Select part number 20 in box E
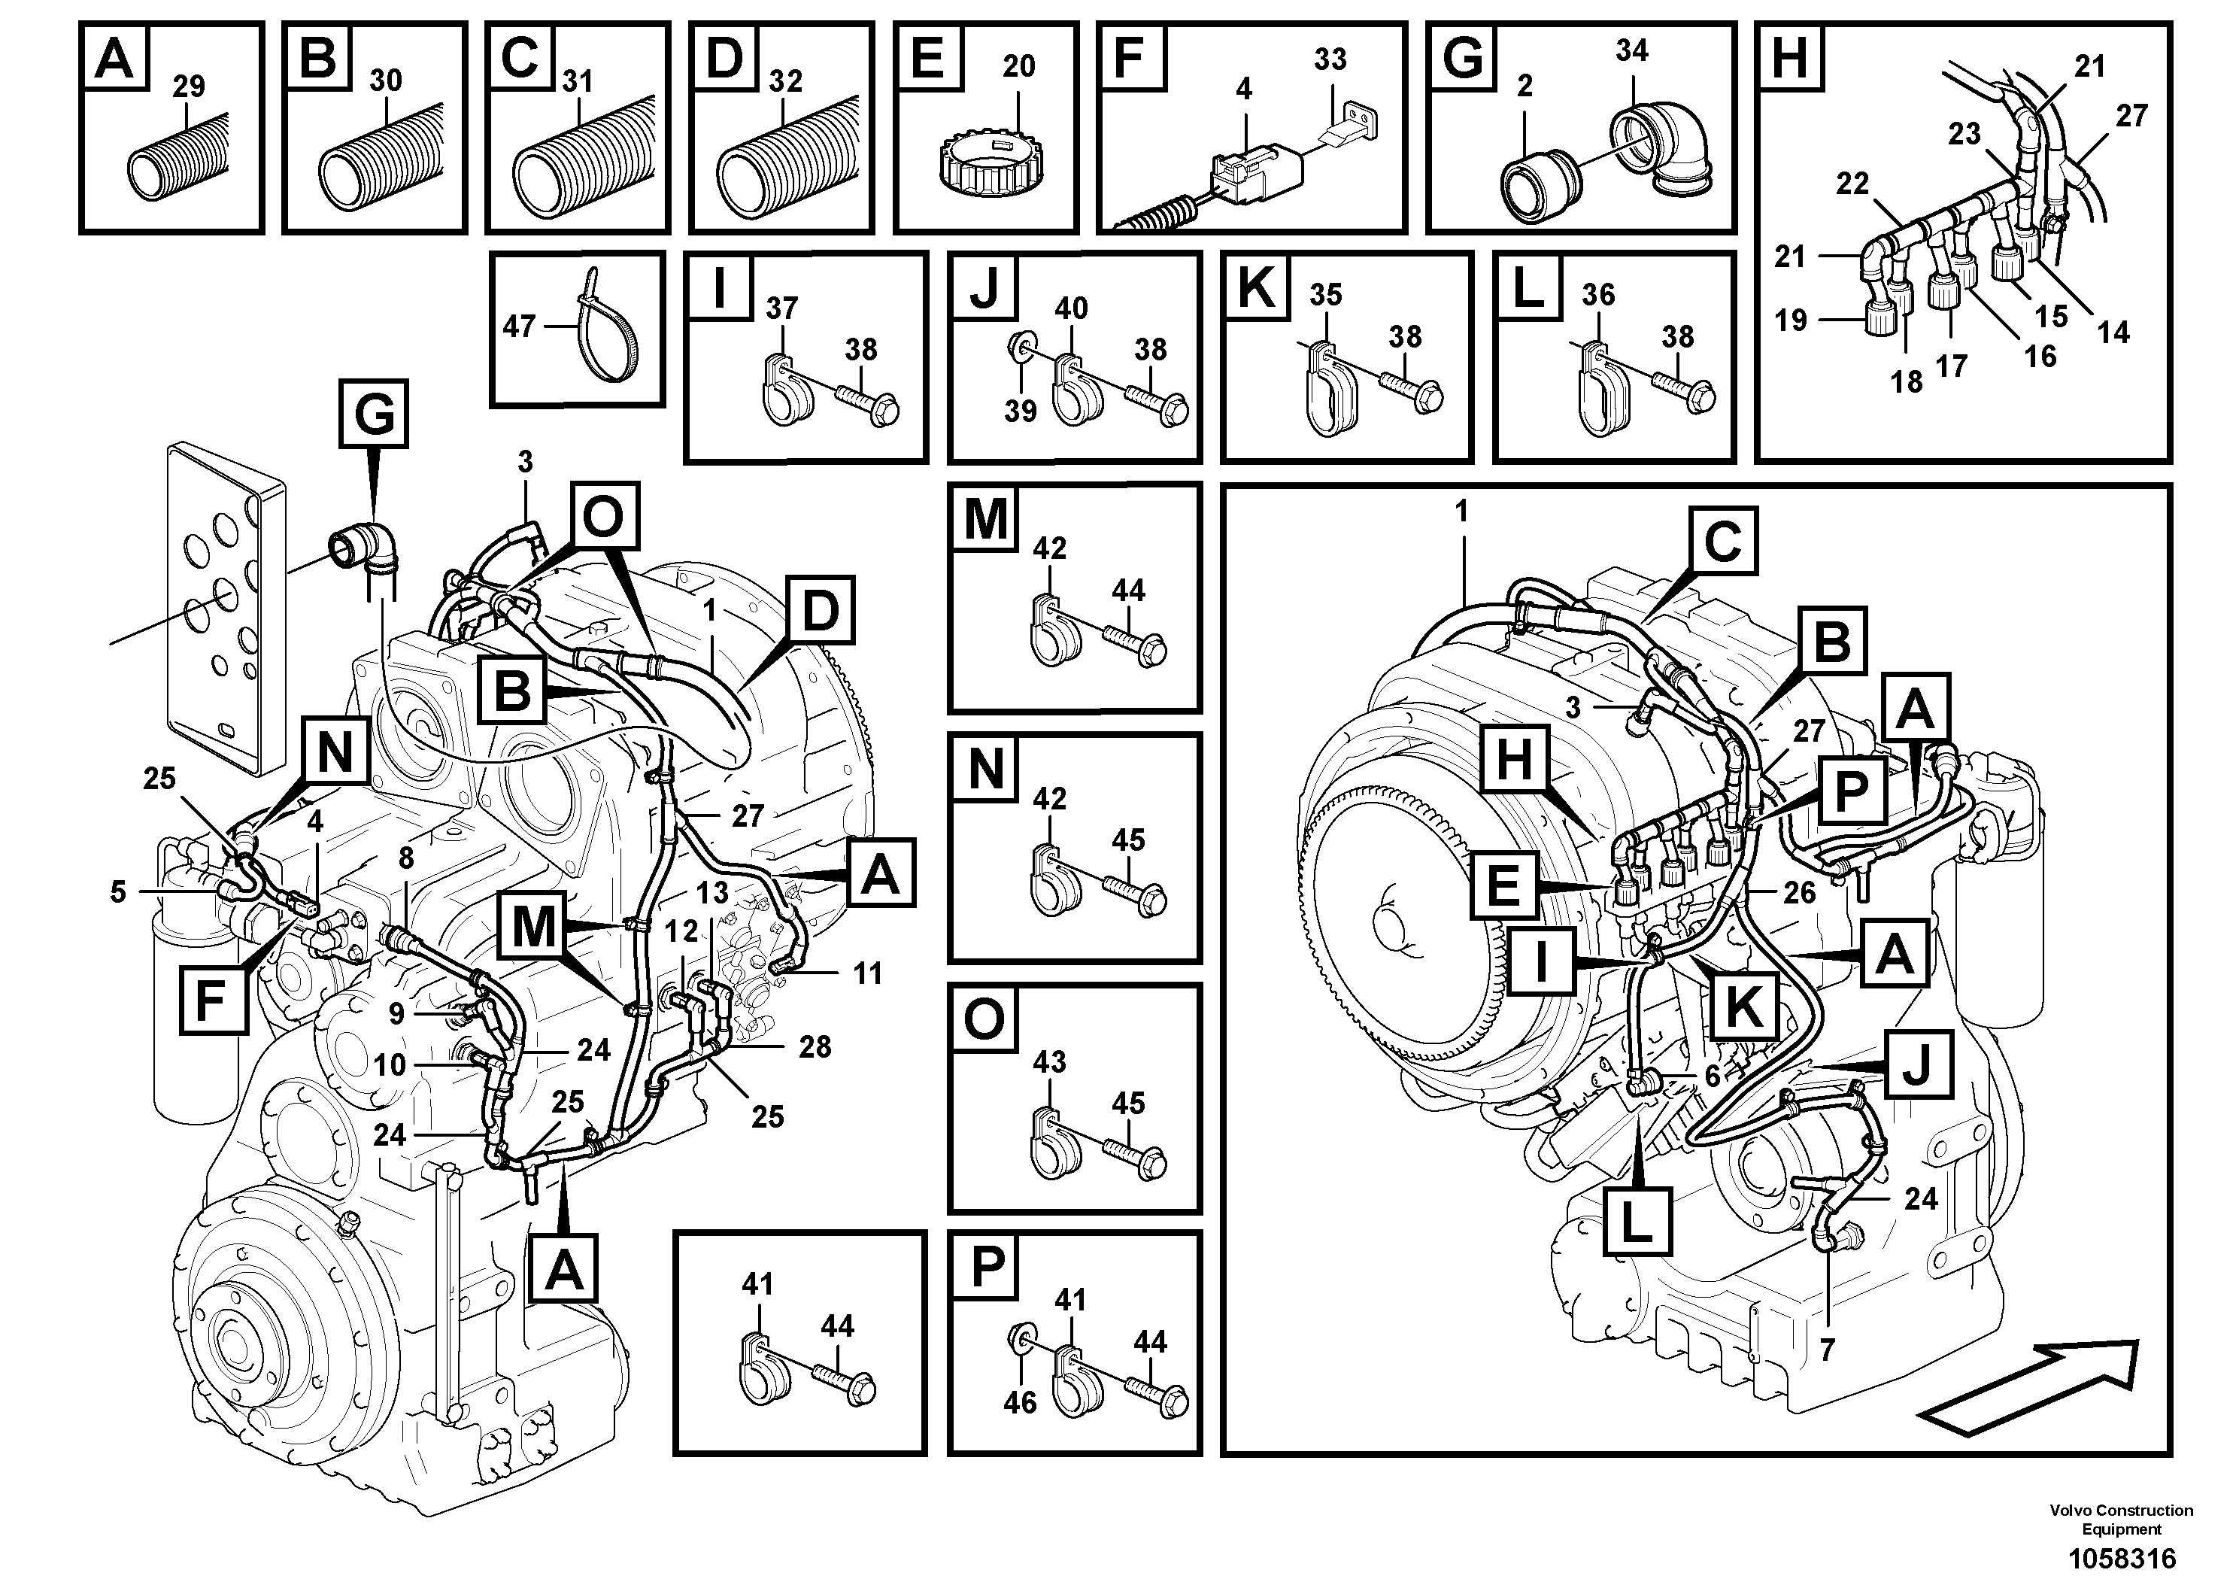(x=1018, y=66)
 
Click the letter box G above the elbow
(x=375, y=414)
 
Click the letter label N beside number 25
(x=335, y=753)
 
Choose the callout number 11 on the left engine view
(x=867, y=973)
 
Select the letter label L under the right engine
(x=1637, y=1220)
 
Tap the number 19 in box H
(x=1791, y=320)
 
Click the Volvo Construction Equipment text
(x=2122, y=1520)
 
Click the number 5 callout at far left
(x=118, y=891)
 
